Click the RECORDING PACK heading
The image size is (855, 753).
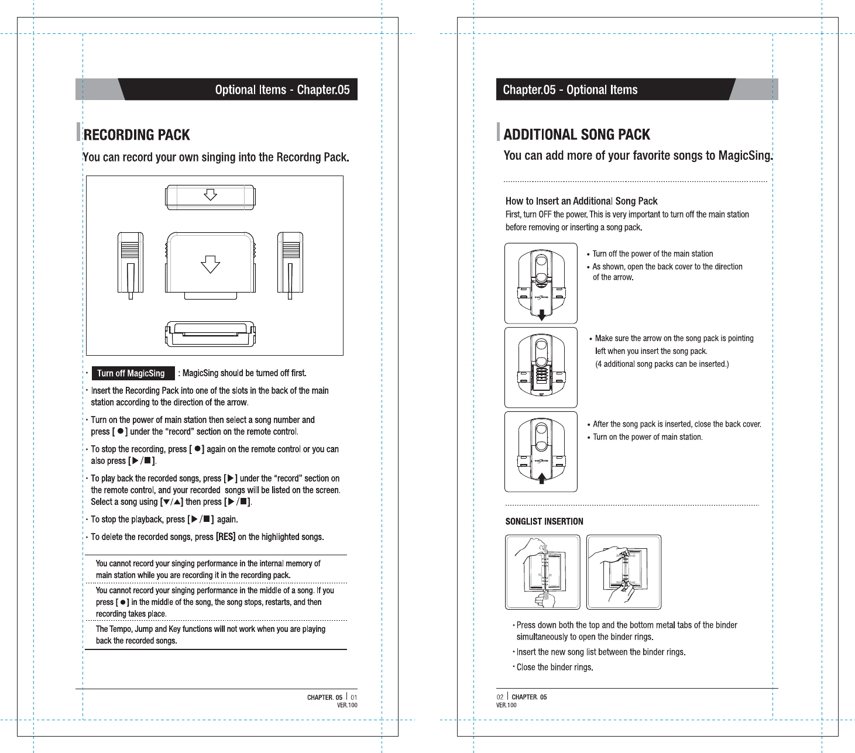tap(136, 135)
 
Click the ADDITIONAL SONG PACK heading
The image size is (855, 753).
tap(576, 135)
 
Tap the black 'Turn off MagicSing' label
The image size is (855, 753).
tap(131, 373)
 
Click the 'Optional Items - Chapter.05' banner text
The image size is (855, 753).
tap(282, 90)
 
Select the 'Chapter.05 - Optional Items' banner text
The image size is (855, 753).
tap(570, 90)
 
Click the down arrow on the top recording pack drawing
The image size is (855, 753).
tap(210, 195)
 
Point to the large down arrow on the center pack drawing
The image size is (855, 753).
tap(210, 264)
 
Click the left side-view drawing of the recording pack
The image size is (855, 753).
tap(131, 264)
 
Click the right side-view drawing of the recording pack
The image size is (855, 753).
tap(290, 264)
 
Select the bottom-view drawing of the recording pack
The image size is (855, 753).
tap(210, 334)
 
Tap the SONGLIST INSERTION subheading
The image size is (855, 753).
tap(544, 521)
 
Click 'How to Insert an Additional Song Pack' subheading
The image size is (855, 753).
tap(581, 201)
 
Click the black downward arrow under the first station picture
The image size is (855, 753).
tap(542, 315)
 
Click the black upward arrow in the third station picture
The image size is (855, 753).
tap(542, 477)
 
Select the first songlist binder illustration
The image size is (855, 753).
tap(542, 572)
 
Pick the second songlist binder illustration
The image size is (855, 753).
tap(624, 572)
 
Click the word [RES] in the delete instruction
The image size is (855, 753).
tap(225, 537)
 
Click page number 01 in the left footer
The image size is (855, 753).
tap(354, 697)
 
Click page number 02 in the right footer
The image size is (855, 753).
tap(500, 697)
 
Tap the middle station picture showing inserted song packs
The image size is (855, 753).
tap(541, 367)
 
